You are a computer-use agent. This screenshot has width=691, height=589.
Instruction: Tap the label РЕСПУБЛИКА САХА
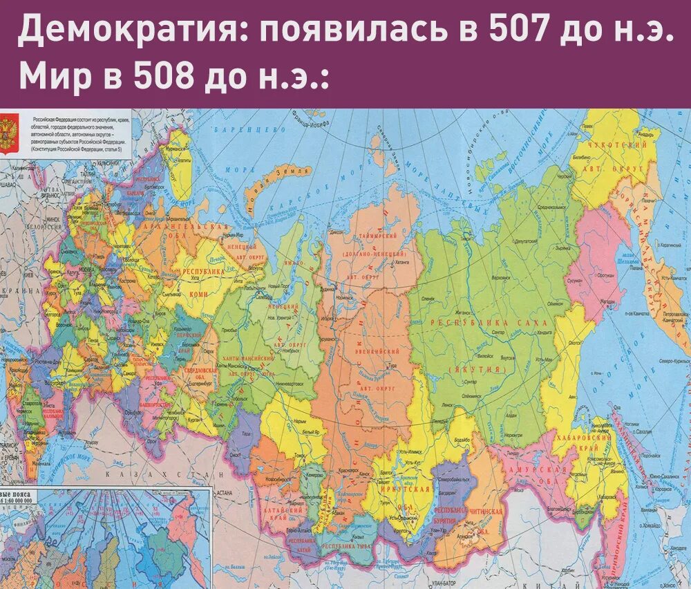[x=488, y=323]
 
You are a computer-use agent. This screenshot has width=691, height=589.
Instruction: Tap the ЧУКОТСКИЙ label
[x=612, y=146]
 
